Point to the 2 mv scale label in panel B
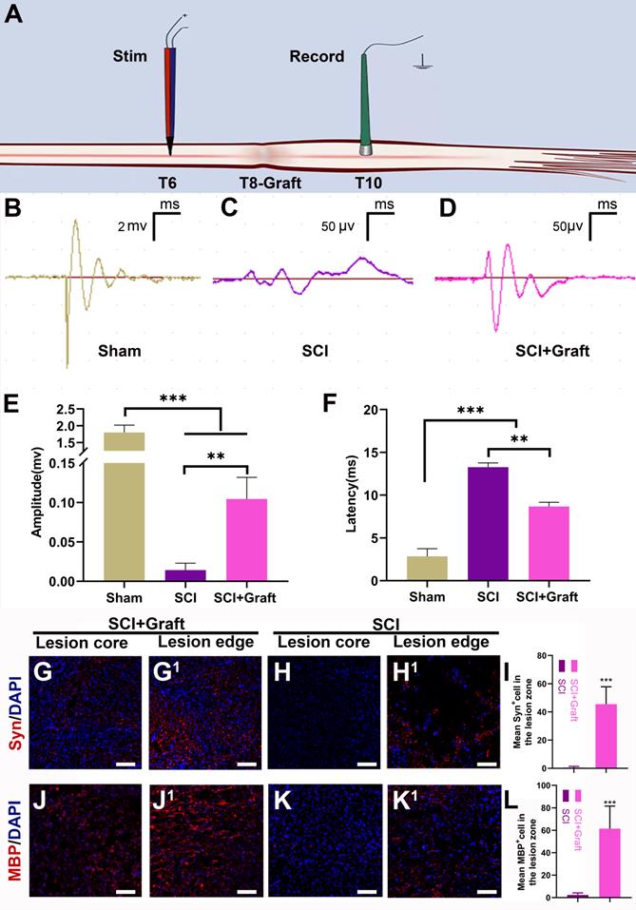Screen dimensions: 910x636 pyautogui.click(x=133, y=226)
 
